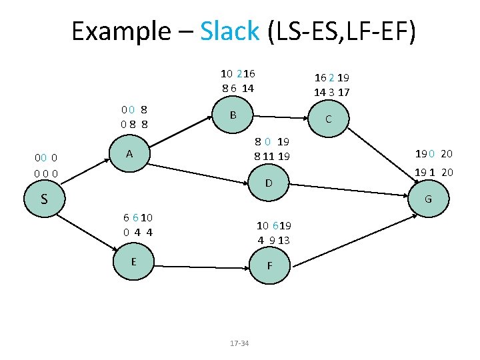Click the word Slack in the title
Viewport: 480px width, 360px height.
point(229,31)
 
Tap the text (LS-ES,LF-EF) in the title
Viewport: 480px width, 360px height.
point(341,31)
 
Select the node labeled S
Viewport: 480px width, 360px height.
point(44,199)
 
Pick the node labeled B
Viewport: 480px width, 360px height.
point(233,115)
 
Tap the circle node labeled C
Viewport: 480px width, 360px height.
point(328,120)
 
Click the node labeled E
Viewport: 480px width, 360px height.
point(133,261)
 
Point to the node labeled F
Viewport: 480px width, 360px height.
point(269,265)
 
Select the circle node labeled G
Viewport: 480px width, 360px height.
point(428,199)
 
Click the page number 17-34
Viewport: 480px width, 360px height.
point(239,343)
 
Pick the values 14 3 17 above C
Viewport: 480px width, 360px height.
point(332,93)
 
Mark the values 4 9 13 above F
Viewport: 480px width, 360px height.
point(274,240)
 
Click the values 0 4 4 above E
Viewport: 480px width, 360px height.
point(138,232)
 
